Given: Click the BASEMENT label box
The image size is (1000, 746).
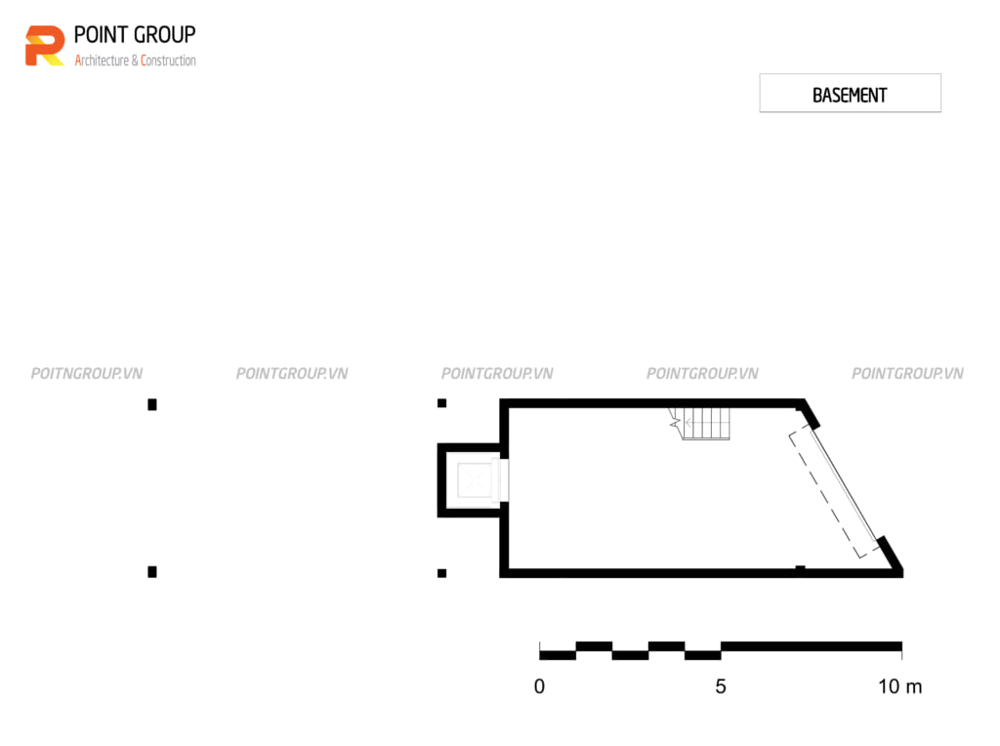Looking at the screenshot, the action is [850, 93].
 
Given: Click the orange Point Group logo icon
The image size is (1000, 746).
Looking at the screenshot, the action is [45, 46].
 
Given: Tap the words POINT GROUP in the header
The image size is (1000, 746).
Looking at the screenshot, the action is [135, 35].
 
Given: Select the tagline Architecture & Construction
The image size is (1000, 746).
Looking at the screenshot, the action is [135, 61].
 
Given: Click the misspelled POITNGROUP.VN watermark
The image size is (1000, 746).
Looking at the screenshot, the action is [87, 374].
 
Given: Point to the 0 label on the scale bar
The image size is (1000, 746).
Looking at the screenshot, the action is [539, 686].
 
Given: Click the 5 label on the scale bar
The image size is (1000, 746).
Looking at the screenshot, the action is [721, 686].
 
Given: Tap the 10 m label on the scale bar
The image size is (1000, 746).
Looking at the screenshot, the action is [899, 686].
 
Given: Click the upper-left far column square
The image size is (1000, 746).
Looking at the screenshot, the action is [152, 404].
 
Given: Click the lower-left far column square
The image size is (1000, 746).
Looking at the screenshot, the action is [152, 572].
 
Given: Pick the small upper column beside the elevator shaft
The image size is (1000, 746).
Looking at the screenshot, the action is [442, 403].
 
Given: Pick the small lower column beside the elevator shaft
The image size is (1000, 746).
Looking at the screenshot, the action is [442, 573].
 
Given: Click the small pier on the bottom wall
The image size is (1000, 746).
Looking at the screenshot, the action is [800, 567].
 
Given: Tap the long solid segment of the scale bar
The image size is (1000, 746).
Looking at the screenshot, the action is [812, 646].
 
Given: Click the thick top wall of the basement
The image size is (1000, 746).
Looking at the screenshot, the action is [650, 403].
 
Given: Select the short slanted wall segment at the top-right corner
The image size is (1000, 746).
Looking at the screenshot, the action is [809, 414].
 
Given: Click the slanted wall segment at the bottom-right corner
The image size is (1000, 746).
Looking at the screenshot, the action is [890, 556].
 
